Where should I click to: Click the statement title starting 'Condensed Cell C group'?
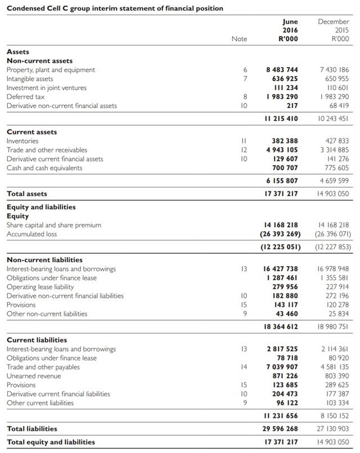pyautogui.click(x=115, y=8)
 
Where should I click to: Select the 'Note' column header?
pyautogui.click(x=239, y=39)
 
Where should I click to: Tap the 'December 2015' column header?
pyautogui.click(x=334, y=30)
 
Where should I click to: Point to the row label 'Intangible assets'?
pyautogui.click(x=30, y=79)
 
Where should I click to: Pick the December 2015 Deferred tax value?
pyautogui.click(x=335, y=97)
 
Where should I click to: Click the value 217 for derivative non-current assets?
pyautogui.click(x=292, y=106)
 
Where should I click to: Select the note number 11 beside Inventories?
pyautogui.click(x=244, y=141)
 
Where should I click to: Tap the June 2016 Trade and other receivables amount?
pyautogui.click(x=282, y=150)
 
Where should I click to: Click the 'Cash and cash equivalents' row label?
pyautogui.click(x=44, y=168)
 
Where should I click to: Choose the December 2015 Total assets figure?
pyautogui.click(x=333, y=194)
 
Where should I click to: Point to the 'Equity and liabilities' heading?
pyautogui.click(x=41, y=207)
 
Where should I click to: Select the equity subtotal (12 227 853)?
pyautogui.click(x=334, y=247)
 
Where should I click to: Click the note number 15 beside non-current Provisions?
pyautogui.click(x=244, y=305)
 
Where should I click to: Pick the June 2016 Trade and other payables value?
pyautogui.click(x=282, y=367)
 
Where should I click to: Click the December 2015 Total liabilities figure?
pyautogui.click(x=333, y=429)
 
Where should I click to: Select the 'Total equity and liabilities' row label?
pyautogui.click(x=51, y=442)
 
